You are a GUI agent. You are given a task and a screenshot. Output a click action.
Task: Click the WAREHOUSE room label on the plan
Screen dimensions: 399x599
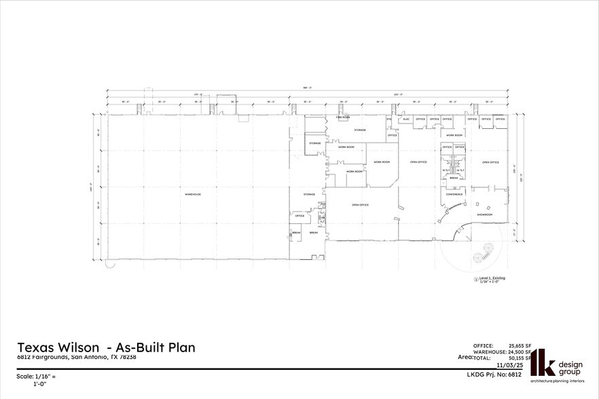point(193,195)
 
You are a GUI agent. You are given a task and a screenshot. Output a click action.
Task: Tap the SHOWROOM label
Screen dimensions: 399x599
point(484,215)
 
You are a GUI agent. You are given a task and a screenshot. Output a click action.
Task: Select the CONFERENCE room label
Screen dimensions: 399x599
point(454,195)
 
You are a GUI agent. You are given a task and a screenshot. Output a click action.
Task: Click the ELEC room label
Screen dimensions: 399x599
point(406,119)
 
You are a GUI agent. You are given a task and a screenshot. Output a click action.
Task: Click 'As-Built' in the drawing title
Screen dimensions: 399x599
point(134,347)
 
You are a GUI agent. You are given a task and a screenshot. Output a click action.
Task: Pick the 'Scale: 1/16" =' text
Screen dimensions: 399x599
point(35,376)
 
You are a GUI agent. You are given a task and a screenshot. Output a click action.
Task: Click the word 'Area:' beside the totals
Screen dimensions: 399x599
point(465,356)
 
